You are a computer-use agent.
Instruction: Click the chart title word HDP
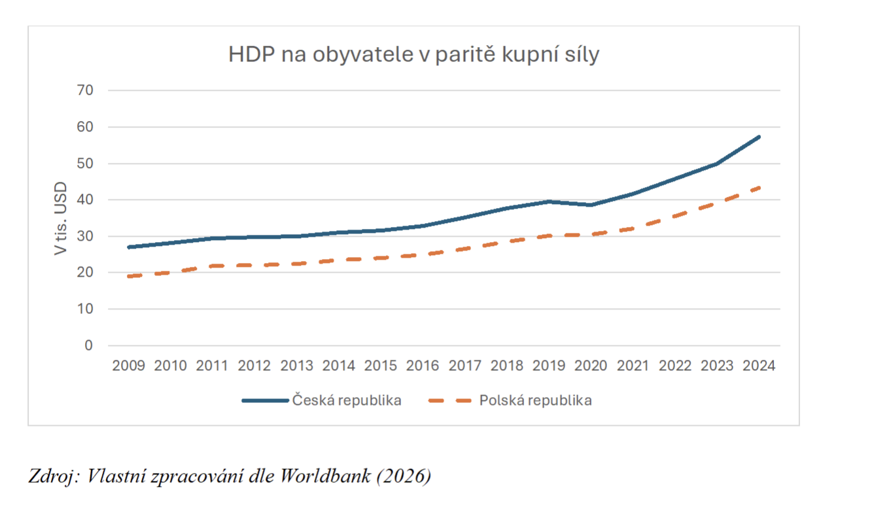point(252,54)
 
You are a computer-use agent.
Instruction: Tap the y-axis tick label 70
point(85,90)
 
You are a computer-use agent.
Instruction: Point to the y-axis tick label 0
point(89,345)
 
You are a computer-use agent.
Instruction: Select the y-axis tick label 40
point(85,200)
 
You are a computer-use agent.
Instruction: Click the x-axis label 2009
point(128,366)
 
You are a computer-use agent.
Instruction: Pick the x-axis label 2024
point(759,366)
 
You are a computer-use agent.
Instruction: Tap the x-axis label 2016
point(423,366)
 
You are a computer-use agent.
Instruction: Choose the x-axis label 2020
point(591,366)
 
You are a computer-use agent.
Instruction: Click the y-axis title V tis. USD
point(60,218)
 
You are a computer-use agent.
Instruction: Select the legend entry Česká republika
point(322,400)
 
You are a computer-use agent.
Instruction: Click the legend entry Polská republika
point(510,400)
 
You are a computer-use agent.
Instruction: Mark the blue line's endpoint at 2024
point(759,137)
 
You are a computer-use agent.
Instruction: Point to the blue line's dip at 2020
point(591,205)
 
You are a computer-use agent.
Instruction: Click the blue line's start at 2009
point(129,247)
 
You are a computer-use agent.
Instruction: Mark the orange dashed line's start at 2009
point(129,276)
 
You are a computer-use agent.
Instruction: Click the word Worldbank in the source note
point(325,476)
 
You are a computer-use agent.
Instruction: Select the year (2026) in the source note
point(404,476)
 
